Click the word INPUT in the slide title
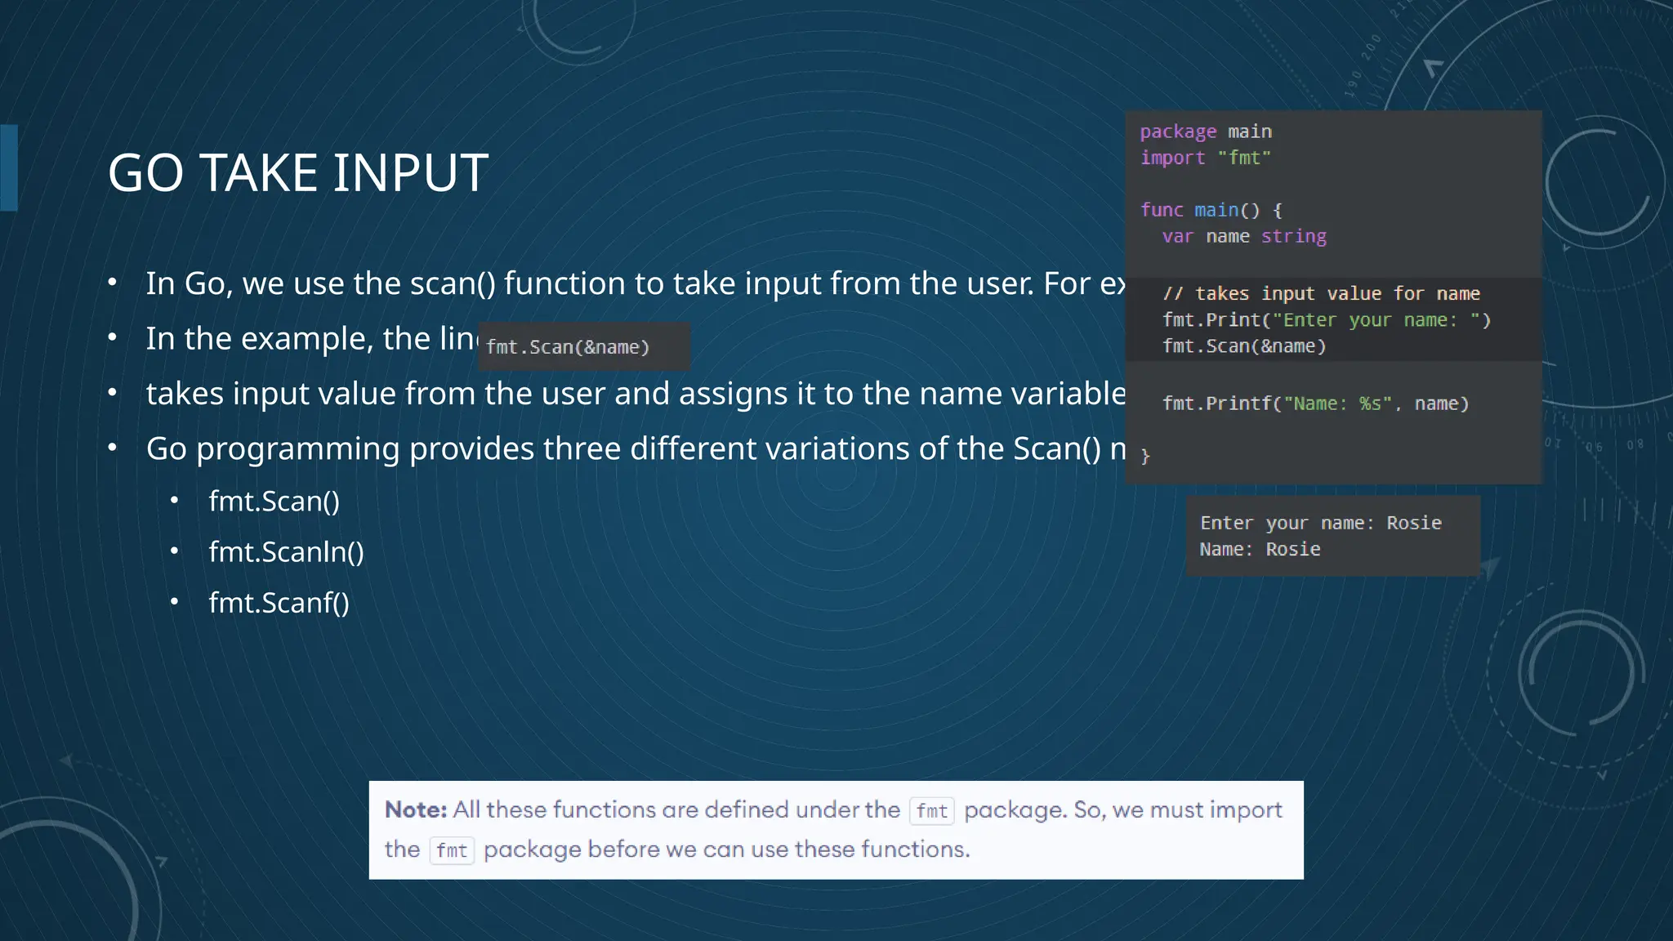pyautogui.click(x=411, y=173)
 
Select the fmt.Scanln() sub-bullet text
pyautogui.click(x=286, y=552)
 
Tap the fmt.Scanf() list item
pyautogui.click(x=279, y=603)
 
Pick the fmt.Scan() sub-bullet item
pyautogui.click(x=274, y=502)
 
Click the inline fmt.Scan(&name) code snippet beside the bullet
pyautogui.click(x=568, y=347)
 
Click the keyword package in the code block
pyautogui.click(x=1178, y=132)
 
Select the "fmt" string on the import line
pyautogui.click(x=1244, y=158)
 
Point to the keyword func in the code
pyautogui.click(x=1162, y=210)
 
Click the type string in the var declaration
pyautogui.click(x=1293, y=236)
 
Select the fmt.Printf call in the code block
pyautogui.click(x=1315, y=404)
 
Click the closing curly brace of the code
pyautogui.click(x=1145, y=456)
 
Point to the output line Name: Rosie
pyautogui.click(x=1260, y=549)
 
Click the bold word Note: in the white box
pyautogui.click(x=416, y=809)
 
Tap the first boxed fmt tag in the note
pyautogui.click(x=931, y=810)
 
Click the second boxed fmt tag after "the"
pyautogui.click(x=452, y=850)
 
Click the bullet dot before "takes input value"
pyautogui.click(x=113, y=394)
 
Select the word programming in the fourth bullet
pyautogui.click(x=297, y=448)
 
